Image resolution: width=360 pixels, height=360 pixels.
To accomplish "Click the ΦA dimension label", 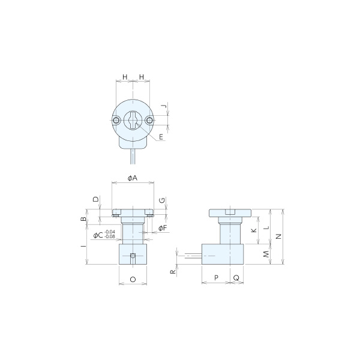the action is point(133,178).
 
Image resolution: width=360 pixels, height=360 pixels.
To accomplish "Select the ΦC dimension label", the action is point(98,235).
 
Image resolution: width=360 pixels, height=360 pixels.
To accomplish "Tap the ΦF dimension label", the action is point(163,228).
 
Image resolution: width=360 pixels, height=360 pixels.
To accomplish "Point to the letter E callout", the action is point(161,137).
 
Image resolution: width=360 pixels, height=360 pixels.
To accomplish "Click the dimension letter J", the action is point(163,106).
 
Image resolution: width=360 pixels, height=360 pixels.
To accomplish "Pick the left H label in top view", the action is point(125,77).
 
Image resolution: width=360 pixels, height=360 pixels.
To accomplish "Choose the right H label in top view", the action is point(142,77).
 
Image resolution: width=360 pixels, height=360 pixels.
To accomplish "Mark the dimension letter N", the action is point(278,236).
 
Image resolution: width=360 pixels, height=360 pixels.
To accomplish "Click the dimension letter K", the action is point(254,230).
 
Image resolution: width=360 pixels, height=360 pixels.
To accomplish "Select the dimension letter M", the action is point(266,254).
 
